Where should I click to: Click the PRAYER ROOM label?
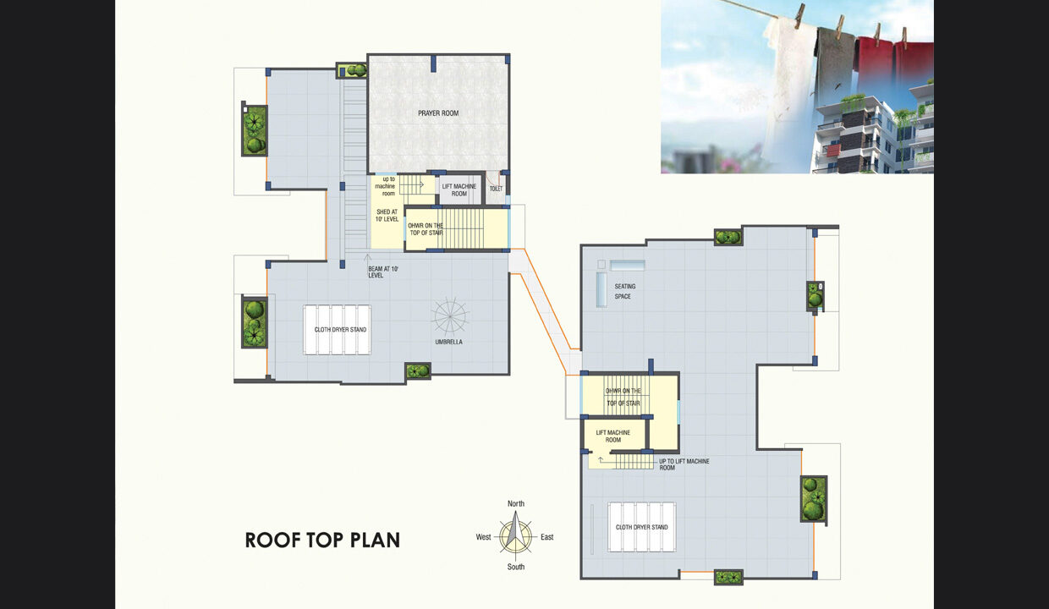(438, 113)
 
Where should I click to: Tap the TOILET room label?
(496, 189)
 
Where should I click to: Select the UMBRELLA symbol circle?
(449, 316)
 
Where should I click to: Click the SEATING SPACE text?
(624, 291)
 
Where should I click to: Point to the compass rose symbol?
(515, 535)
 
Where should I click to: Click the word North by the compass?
(515, 503)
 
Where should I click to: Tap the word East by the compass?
(547, 537)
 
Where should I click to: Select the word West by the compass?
(483, 537)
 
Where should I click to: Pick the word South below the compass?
(515, 567)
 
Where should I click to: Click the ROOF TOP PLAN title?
(322, 540)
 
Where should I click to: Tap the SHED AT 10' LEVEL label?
(387, 216)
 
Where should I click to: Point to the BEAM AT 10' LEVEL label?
(382, 272)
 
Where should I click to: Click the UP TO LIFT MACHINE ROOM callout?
(684, 464)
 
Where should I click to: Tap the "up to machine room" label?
(386, 186)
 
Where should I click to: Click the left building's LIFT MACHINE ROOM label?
(459, 190)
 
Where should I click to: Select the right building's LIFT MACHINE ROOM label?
(613, 436)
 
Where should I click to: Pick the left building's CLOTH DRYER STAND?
(338, 330)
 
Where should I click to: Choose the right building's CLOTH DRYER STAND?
(641, 527)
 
